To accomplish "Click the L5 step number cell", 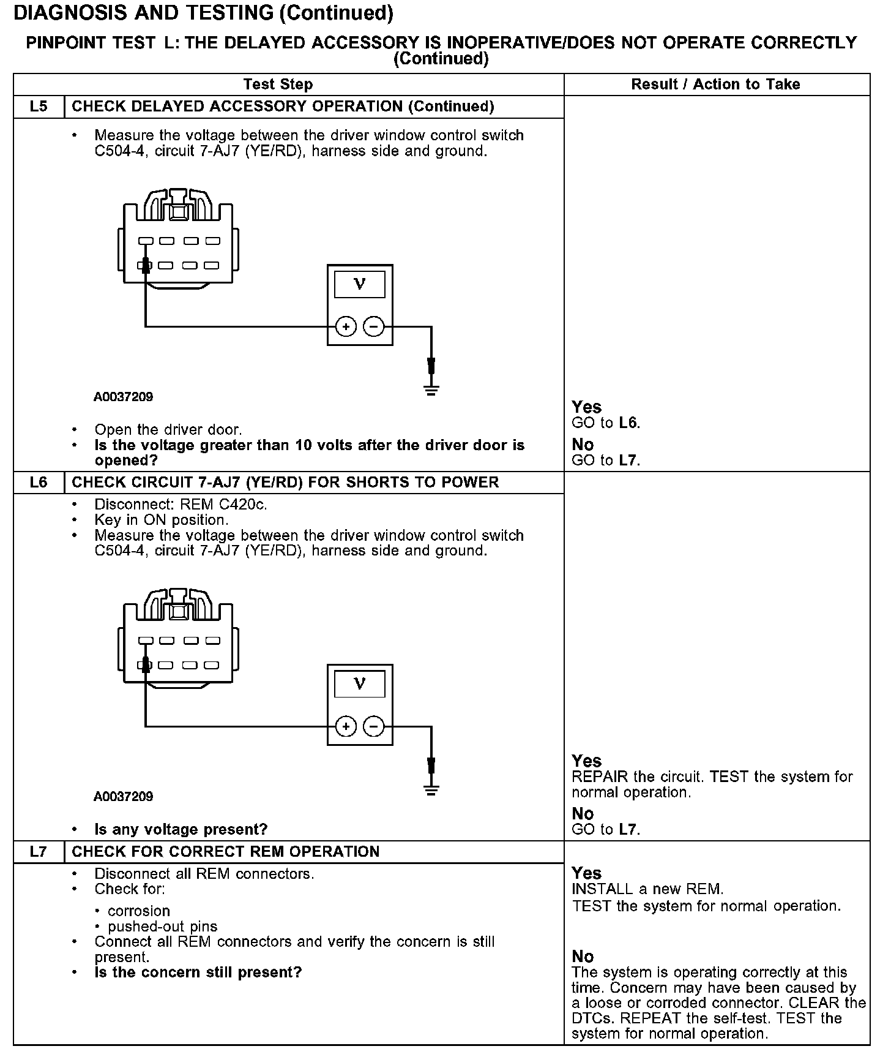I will [x=39, y=107].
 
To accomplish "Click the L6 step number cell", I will [x=39, y=483].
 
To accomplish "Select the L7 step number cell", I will [x=39, y=852].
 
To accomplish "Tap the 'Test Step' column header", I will [x=278, y=85].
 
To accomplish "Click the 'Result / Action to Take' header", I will [x=715, y=85].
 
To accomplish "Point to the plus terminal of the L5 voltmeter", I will [x=346, y=327].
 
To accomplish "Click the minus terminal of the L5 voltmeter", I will [x=374, y=327].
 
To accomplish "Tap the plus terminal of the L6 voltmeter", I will [x=346, y=727].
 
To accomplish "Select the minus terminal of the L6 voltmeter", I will [x=374, y=727].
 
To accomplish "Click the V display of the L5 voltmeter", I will [x=360, y=285].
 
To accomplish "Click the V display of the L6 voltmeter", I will [x=360, y=684].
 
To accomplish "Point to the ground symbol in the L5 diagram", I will [x=431, y=389].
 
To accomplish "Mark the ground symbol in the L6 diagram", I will [x=431, y=789].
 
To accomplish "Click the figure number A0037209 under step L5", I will [x=123, y=397].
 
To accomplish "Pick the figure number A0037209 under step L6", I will [x=123, y=797].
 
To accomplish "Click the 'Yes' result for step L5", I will [x=586, y=407].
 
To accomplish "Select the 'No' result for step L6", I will [x=583, y=814].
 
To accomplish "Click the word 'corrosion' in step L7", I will [x=139, y=911].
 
